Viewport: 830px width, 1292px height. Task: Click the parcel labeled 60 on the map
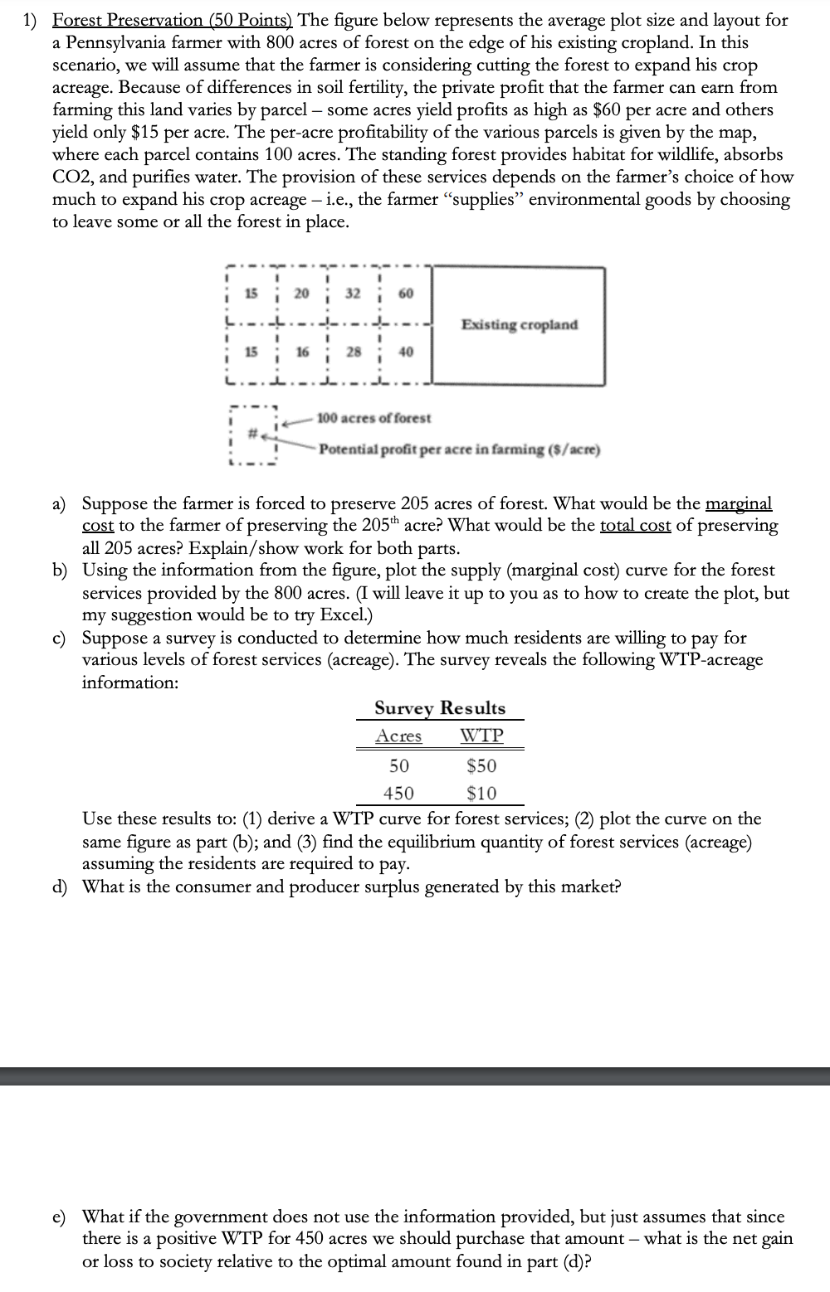pos(406,294)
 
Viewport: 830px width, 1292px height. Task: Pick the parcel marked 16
pos(303,352)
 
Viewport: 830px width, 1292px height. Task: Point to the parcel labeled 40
pos(406,352)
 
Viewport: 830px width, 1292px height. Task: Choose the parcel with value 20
pos(303,294)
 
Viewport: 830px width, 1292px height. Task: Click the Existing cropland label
pos(520,324)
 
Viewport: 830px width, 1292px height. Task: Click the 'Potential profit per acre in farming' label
pos(459,450)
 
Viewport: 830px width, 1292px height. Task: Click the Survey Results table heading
pos(439,708)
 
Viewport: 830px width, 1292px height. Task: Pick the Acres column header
pos(398,736)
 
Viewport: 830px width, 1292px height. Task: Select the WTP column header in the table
pos(481,736)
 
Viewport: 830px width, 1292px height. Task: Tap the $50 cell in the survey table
pos(481,765)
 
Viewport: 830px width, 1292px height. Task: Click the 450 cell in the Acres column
pos(398,794)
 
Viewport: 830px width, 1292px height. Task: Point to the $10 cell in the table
pos(481,794)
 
